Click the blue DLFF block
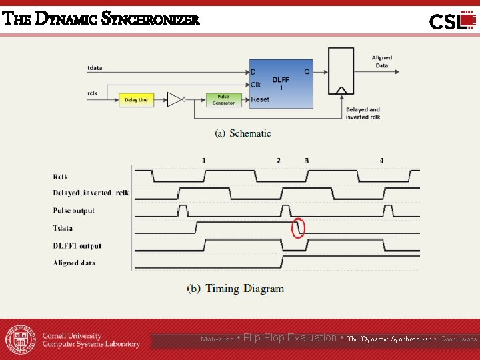(x=281, y=84)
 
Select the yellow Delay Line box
(x=136, y=100)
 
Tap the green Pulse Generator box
(x=223, y=100)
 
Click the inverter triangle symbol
(x=175, y=100)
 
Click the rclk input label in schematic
(x=93, y=93)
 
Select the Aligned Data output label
(x=381, y=61)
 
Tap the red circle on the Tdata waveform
(x=299, y=228)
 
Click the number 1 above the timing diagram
(x=204, y=161)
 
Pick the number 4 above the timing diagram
(x=381, y=161)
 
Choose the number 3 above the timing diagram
(x=307, y=161)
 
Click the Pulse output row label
(x=73, y=211)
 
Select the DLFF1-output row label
(x=77, y=246)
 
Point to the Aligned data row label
(x=74, y=263)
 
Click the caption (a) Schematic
(x=243, y=133)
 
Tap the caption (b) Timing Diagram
(x=235, y=289)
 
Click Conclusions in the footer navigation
(x=459, y=339)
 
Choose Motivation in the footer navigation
(x=217, y=339)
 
